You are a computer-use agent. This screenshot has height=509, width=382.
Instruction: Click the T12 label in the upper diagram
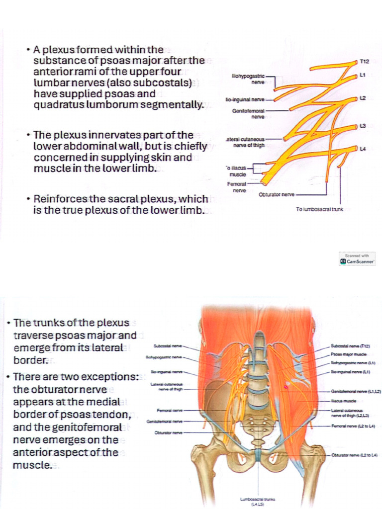pyautogui.click(x=365, y=62)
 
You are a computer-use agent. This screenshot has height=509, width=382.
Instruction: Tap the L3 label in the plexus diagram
pyautogui.click(x=363, y=126)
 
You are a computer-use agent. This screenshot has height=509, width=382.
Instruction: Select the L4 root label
pyautogui.click(x=363, y=149)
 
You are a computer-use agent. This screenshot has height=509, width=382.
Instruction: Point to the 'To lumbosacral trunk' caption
pyautogui.click(x=319, y=209)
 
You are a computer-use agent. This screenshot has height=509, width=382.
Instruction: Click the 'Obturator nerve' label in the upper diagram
pyautogui.click(x=277, y=194)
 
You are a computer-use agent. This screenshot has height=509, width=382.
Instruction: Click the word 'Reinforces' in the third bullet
pyautogui.click(x=57, y=199)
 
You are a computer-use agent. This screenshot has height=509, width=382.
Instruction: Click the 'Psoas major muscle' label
pyautogui.click(x=350, y=354)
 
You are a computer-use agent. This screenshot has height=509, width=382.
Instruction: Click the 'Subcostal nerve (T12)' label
pyautogui.click(x=350, y=345)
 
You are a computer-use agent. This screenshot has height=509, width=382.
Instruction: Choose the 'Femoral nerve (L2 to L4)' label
pyautogui.click(x=353, y=426)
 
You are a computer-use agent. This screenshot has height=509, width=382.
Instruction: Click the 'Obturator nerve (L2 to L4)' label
pyautogui.click(x=354, y=455)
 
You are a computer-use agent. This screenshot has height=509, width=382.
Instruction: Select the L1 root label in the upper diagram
pyautogui.click(x=363, y=75)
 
